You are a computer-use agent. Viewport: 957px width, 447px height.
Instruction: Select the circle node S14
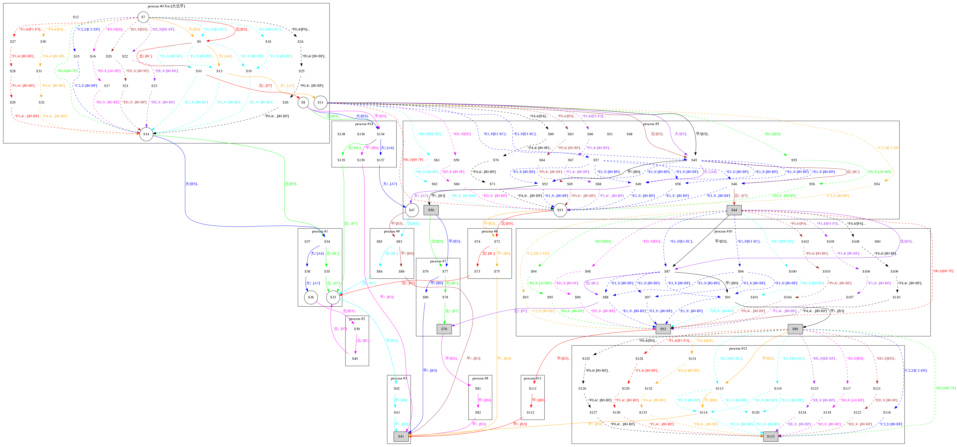coord(146,134)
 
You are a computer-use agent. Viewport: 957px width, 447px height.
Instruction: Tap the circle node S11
coord(320,103)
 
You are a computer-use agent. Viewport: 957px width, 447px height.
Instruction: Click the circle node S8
coord(303,103)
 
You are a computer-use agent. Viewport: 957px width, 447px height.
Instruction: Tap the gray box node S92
coord(663,329)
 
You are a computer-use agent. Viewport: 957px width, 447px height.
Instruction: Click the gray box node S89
coord(795,329)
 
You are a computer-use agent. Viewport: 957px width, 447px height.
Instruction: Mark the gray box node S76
coord(444,329)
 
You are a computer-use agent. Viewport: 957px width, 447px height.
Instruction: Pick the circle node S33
coord(333,297)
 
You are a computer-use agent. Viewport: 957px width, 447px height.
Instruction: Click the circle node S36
coord(311,297)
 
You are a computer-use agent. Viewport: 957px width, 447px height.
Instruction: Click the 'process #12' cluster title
coord(738,349)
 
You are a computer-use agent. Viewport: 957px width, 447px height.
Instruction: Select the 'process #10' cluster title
coord(723,231)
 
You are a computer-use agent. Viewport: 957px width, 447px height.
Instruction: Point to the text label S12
coord(76,17)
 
